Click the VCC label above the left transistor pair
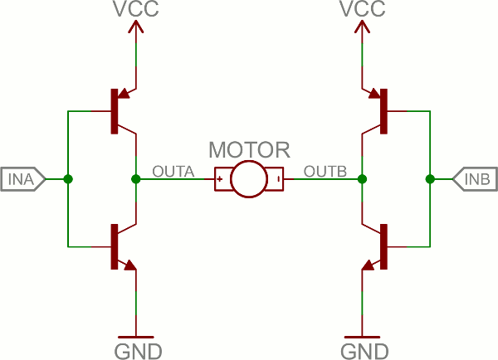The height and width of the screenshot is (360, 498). tap(136, 11)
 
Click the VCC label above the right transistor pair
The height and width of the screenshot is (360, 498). tap(363, 11)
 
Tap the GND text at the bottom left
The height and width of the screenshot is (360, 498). tap(136, 349)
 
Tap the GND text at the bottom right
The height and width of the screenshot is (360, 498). tap(363, 349)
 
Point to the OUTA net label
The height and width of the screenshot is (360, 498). tap(173, 172)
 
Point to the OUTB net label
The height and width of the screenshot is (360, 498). tap(325, 172)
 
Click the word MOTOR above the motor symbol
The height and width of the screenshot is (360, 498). tap(249, 150)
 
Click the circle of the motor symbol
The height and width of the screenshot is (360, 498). tap(249, 179)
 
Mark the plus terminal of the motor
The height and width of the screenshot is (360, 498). tap(221, 179)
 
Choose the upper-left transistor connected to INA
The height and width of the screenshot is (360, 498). tap(120, 110)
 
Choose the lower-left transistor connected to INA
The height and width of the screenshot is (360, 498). tap(120, 246)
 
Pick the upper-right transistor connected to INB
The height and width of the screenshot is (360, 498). tap(378, 110)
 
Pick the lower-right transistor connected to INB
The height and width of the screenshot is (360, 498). tap(378, 246)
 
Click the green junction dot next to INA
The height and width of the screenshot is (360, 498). tap(68, 179)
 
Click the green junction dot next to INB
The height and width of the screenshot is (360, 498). tap(430, 179)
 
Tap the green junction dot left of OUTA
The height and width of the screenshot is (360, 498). tap(136, 179)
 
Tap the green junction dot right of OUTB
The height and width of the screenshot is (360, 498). tap(363, 179)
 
